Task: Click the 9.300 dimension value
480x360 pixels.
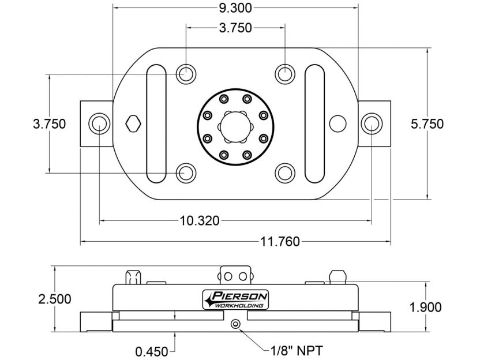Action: coord(235,8)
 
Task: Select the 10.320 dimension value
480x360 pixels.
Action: coord(200,220)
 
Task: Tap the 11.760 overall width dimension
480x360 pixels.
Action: coord(280,242)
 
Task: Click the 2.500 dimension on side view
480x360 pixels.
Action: coord(54,299)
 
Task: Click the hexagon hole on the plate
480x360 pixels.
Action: coord(133,123)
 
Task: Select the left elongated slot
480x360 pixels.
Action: coord(156,123)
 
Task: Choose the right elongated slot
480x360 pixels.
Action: coord(315,123)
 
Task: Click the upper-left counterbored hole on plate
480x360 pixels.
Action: coord(186,74)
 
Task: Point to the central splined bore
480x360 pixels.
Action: coord(235,123)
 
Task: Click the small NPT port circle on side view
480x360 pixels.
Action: coord(235,325)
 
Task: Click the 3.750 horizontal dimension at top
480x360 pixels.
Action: coord(235,28)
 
